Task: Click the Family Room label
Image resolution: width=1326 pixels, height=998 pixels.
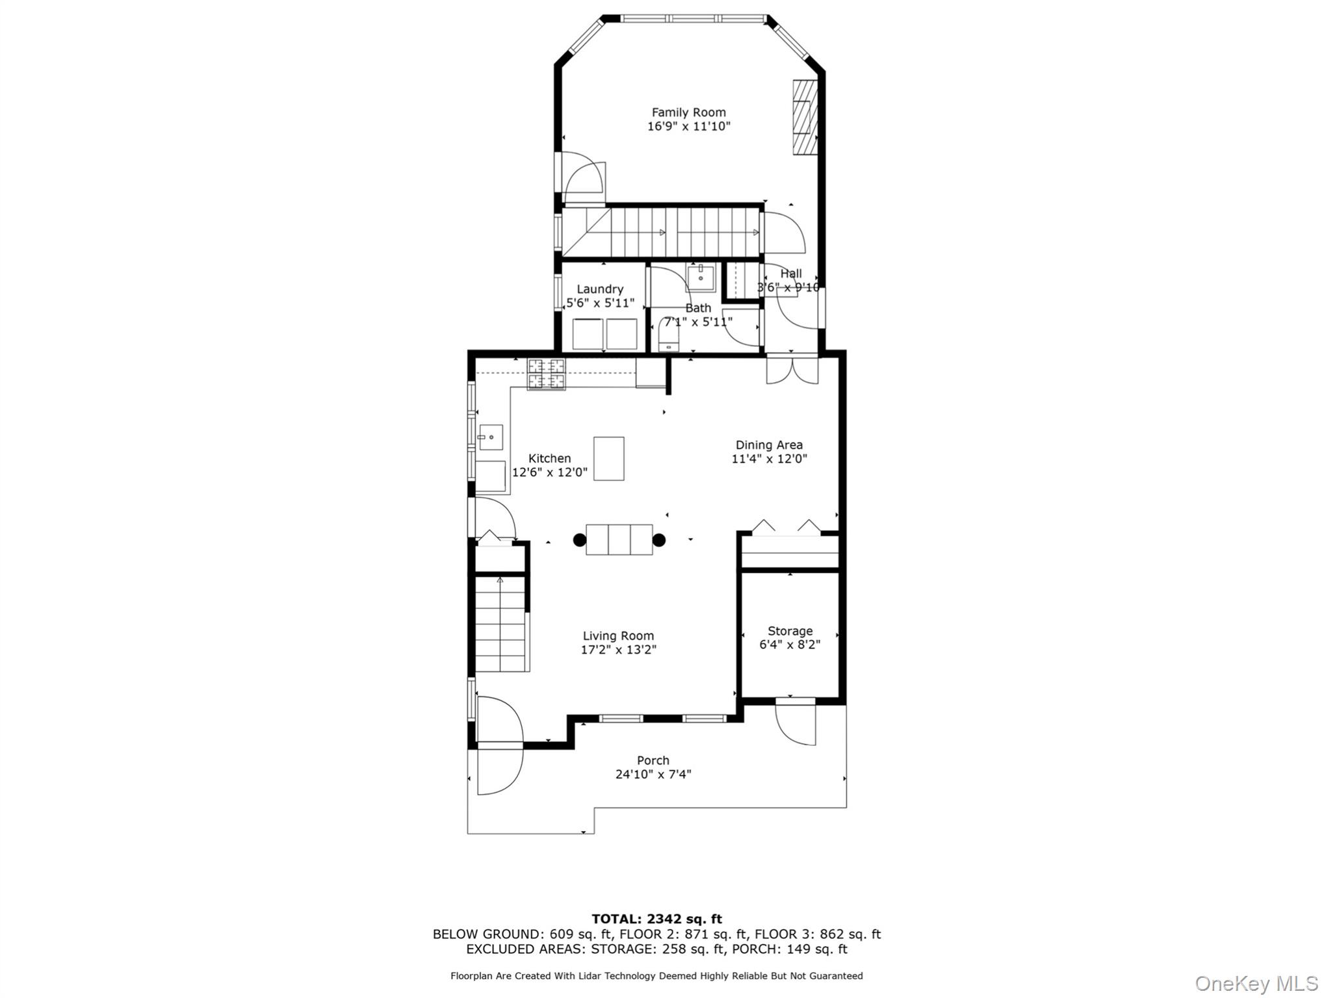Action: tap(688, 112)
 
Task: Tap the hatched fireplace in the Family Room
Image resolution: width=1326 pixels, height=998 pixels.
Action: tap(804, 118)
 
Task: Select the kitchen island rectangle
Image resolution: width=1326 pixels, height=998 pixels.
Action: tap(608, 458)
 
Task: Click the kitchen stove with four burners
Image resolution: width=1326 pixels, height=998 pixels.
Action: tap(546, 374)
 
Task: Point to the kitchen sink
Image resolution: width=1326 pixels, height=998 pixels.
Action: tap(491, 437)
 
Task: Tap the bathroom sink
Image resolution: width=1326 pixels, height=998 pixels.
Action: tap(701, 277)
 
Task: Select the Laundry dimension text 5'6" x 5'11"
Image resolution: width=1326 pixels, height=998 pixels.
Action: tap(600, 303)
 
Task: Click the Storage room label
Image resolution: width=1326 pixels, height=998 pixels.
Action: tap(790, 631)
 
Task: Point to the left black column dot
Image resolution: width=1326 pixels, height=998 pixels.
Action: tap(580, 540)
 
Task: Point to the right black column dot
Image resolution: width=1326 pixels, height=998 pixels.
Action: tap(659, 540)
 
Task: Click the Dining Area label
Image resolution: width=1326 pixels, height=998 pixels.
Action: tap(769, 445)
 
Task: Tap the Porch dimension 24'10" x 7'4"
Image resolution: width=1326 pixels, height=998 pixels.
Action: tap(653, 774)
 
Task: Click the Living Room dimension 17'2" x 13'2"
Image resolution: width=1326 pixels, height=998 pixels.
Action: tap(618, 649)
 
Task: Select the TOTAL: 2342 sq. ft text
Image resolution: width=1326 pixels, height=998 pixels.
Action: tap(656, 919)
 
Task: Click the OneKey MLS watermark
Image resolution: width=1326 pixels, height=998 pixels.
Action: tap(1255, 983)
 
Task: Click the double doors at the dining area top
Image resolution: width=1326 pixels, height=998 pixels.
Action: tap(792, 370)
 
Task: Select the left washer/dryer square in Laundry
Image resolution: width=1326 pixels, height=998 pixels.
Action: tap(587, 334)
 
